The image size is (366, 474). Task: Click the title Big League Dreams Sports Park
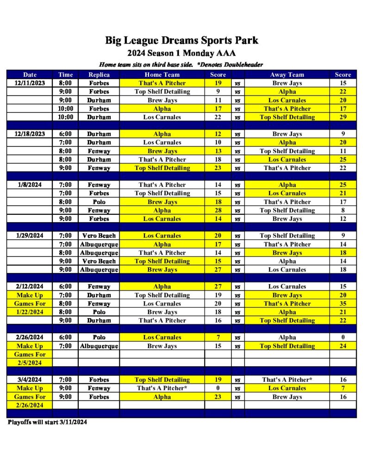181,40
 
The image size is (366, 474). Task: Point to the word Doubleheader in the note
242,64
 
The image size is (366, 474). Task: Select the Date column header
30,75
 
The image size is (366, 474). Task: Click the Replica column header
99,75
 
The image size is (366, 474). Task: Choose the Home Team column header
162,75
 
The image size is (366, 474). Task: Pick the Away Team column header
287,75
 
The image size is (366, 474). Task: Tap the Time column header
66,75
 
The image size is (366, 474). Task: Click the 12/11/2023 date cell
30,83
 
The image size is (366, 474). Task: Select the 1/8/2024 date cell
30,185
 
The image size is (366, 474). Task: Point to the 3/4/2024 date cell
30,380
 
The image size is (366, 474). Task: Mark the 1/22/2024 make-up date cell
30,312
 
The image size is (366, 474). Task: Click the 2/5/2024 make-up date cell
30,363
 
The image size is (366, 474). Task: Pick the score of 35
343,304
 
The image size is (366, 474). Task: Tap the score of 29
343,117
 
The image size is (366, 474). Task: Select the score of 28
218,210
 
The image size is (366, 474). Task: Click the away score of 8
343,210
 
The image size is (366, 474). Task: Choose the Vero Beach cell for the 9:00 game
99,261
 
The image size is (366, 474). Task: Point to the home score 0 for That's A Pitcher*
218,388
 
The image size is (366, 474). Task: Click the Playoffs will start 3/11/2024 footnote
47,422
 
